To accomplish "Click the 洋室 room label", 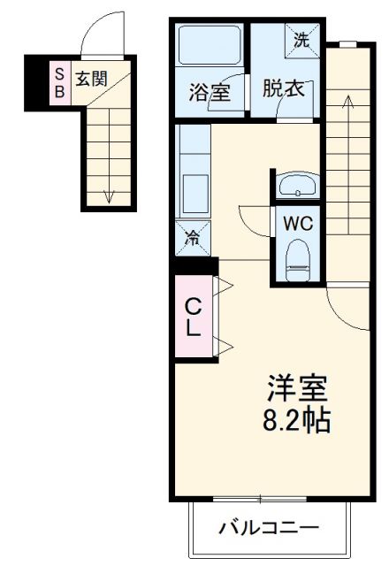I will (298, 388).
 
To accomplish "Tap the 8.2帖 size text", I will (298, 419).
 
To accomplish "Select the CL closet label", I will (192, 317).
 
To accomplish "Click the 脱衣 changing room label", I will (282, 90).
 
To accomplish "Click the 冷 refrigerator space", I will (192, 236).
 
